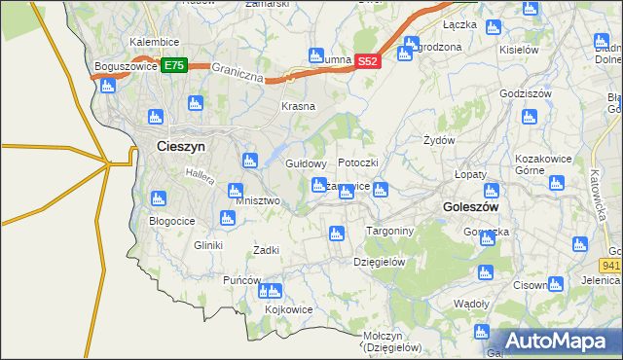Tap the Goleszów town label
[470, 207]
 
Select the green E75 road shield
[173, 65]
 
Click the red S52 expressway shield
[366, 60]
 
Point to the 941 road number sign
[610, 264]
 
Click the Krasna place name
[298, 106]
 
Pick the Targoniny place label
[389, 231]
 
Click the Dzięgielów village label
[379, 261]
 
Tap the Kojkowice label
[288, 309]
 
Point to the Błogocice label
[172, 221]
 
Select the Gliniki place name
[208, 245]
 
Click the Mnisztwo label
[258, 200]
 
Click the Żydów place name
[440, 140]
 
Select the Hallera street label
[199, 175]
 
